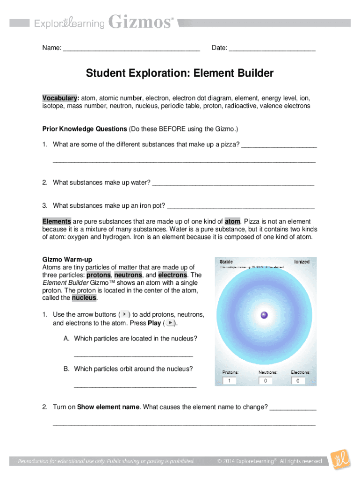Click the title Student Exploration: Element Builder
coord(180,73)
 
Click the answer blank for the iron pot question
coord(240,206)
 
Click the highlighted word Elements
coord(57,221)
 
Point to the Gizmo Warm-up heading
coord(67,259)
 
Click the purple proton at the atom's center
coord(264,315)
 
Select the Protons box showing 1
coord(229,381)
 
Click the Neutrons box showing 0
coord(265,381)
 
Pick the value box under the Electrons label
coord(298,381)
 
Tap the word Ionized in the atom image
coord(302,261)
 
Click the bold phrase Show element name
coord(108,407)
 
